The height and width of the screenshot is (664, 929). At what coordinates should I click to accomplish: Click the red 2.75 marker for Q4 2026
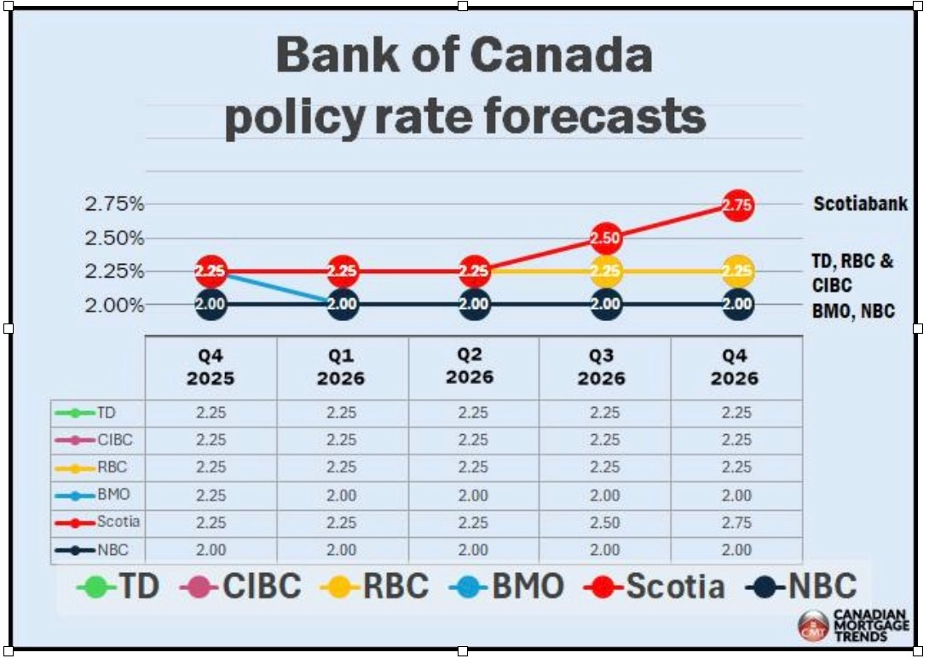click(738, 205)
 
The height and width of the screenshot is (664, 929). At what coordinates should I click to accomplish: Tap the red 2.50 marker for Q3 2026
click(606, 238)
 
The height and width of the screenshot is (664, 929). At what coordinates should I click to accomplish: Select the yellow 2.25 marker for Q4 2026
click(738, 272)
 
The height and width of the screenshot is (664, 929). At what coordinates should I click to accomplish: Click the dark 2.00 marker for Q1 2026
click(342, 305)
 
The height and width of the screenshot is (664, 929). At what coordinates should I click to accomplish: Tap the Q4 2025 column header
click(211, 367)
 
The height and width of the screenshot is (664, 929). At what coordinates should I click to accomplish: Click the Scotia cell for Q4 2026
click(736, 522)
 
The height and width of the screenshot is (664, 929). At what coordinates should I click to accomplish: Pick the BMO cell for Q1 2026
click(342, 495)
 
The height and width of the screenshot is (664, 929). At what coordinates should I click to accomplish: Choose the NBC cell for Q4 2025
click(211, 550)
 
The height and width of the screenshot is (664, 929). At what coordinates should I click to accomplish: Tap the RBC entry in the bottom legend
click(374, 587)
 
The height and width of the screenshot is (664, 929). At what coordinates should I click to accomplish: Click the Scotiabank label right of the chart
click(860, 204)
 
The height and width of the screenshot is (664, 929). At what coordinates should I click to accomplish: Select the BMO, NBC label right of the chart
click(853, 312)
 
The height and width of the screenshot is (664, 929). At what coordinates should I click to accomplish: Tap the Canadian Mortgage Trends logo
click(852, 626)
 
